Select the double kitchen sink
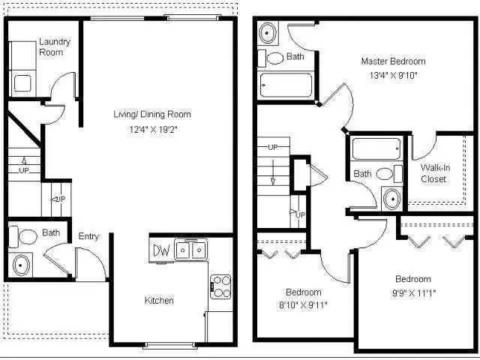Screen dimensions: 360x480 coord(191,249)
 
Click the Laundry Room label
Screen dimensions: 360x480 coord(54,46)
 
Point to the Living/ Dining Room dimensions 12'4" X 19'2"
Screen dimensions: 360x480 coord(151,129)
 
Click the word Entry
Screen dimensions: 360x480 coord(88,237)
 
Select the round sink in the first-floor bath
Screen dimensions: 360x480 coord(21,264)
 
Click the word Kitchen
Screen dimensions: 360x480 coord(159,301)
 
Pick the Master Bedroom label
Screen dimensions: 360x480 coord(393,61)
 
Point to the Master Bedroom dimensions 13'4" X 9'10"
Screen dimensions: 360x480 coord(393,75)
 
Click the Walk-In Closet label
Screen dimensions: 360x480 coord(434,173)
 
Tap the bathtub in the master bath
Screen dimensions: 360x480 coord(378,148)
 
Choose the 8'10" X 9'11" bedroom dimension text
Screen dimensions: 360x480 coord(303,304)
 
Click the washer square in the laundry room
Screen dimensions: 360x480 coord(23,83)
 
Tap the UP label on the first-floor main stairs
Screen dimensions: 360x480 coord(24,171)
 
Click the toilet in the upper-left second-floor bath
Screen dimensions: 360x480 coord(274,57)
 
